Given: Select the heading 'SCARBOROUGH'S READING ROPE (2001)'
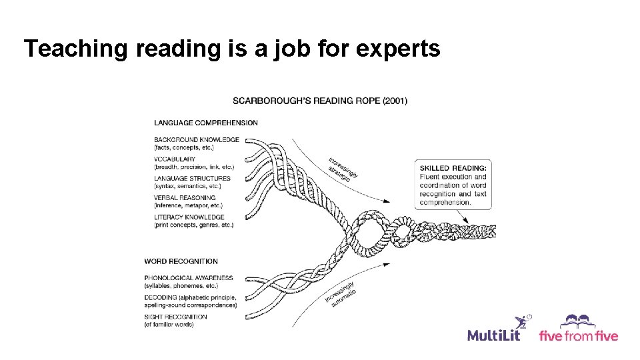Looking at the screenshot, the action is [x=320, y=101].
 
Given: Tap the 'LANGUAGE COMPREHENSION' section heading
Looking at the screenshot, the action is [x=206, y=123].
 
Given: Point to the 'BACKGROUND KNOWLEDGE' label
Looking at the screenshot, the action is [x=196, y=140].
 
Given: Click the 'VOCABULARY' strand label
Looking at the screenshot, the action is [x=175, y=159].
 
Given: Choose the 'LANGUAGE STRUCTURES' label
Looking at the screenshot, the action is [x=192, y=179].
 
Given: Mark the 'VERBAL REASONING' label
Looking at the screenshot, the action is [x=185, y=198].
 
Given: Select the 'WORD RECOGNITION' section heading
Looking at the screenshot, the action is [x=181, y=261].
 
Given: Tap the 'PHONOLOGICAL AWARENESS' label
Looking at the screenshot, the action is [x=189, y=278].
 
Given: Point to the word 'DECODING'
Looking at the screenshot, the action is [x=161, y=297].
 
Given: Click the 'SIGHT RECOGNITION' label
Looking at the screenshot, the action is [x=175, y=317].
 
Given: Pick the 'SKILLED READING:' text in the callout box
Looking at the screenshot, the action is [x=453, y=168].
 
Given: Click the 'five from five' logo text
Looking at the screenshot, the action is [x=578, y=335].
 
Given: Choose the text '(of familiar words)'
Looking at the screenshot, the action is [x=169, y=325].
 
